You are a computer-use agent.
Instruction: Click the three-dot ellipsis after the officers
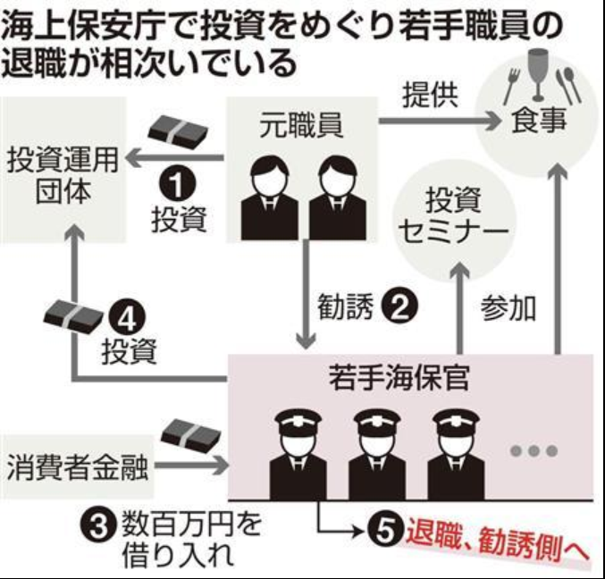[533, 450]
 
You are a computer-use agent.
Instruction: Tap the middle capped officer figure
[374, 454]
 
